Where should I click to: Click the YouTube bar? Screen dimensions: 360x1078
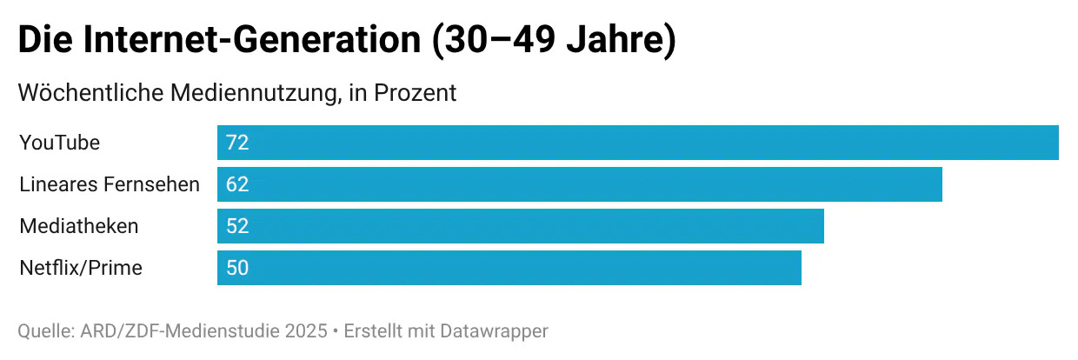637,143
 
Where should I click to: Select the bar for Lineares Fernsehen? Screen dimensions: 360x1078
579,184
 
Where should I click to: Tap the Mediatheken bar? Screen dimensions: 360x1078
520,226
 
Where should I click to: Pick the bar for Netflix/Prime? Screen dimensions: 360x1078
509,268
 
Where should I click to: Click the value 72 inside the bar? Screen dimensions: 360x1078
237,143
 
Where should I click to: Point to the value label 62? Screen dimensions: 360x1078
237,184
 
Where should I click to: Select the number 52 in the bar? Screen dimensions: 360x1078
237,226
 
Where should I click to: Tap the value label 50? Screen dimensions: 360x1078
237,268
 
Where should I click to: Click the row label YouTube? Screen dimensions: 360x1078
59,143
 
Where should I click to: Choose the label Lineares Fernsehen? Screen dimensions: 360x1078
110,184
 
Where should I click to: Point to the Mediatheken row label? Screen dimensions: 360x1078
78,226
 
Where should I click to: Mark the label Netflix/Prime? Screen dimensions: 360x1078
80,268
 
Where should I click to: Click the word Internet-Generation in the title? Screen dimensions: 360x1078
252,42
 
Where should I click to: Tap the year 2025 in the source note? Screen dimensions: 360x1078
308,331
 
